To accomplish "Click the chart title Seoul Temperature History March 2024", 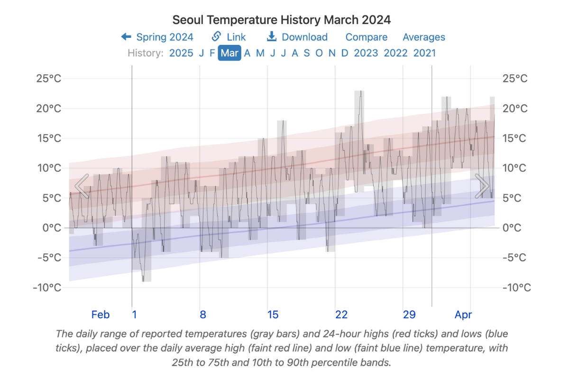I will (282, 20).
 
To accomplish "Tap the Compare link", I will (366, 37).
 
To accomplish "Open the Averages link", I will (424, 37).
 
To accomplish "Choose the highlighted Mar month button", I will (229, 53).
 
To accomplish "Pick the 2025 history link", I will (181, 53).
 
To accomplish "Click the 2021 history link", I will (424, 53).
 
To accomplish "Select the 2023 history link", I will (366, 53).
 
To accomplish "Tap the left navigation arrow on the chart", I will (82, 186).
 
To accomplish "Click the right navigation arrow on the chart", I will (482, 186).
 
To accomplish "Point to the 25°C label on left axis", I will (49, 79).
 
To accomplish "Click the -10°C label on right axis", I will (516, 288).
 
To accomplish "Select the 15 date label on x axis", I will (273, 315).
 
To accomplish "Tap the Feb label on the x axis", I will (101, 315).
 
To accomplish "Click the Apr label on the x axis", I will (463, 315).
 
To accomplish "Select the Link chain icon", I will (216, 36).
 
